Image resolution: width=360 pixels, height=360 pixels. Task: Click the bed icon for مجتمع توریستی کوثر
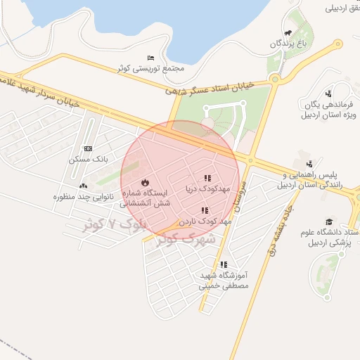pyautogui.click(x=151, y=58)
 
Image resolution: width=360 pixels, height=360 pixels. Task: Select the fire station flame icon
pyautogui.click(x=146, y=182)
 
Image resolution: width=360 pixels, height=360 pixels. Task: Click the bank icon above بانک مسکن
pyautogui.click(x=87, y=149)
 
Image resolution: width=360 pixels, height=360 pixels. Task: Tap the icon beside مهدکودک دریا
pyautogui.click(x=207, y=179)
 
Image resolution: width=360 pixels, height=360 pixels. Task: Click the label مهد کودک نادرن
pyautogui.click(x=205, y=221)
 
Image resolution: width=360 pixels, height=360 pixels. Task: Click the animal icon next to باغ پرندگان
pyautogui.click(x=288, y=33)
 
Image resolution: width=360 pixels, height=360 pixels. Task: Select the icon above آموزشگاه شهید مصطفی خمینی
pyautogui.click(x=224, y=265)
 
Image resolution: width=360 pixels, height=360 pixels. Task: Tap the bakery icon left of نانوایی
pyautogui.click(x=84, y=186)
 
